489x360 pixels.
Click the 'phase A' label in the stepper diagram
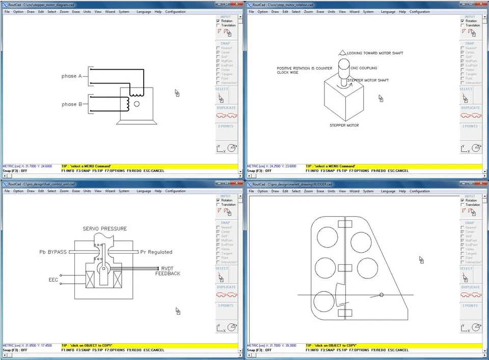point(72,76)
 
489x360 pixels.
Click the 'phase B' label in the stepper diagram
point(72,104)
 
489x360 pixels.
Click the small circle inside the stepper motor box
point(137,104)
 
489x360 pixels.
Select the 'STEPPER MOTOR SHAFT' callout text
point(368,80)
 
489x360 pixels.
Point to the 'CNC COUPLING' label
point(364,68)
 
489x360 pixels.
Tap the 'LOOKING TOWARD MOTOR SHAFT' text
point(375,53)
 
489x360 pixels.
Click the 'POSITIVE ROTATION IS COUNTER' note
point(304,68)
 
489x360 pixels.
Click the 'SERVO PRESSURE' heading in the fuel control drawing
point(105,229)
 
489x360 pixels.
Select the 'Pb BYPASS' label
point(53,252)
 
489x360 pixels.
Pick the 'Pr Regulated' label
point(156,252)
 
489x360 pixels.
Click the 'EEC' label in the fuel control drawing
point(53,280)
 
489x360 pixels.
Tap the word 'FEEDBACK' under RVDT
point(168,274)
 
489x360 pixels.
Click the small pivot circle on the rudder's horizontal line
point(381,295)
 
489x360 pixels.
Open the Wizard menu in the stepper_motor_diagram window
point(110,12)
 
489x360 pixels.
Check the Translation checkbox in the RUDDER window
point(463,205)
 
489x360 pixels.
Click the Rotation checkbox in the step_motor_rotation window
point(463,21)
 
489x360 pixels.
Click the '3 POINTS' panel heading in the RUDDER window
point(470,306)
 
